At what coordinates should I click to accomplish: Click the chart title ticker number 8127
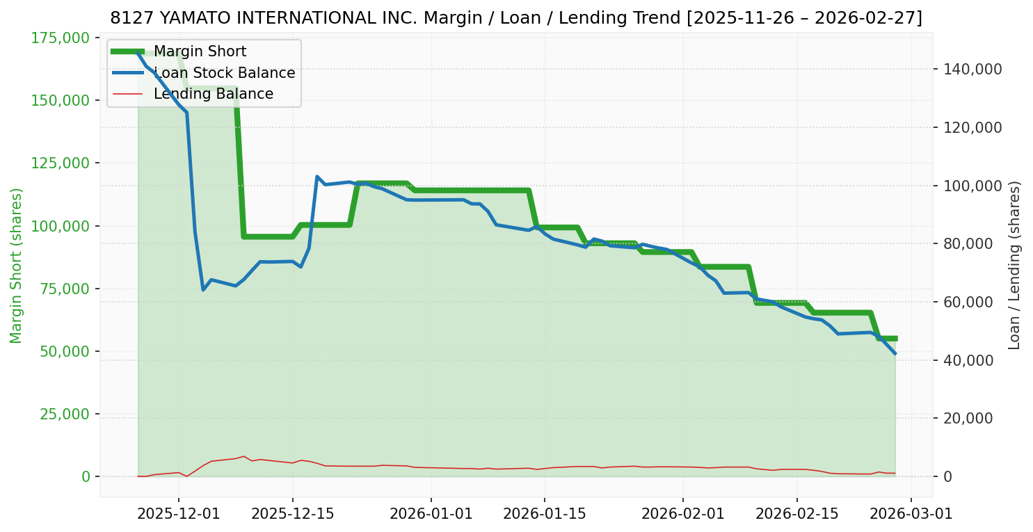[x=125, y=18]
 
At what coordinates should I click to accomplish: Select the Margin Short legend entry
[x=200, y=51]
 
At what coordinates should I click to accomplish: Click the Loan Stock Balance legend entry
[x=224, y=73]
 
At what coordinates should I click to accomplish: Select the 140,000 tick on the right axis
[x=972, y=69]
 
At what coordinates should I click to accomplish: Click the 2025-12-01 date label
[x=179, y=514]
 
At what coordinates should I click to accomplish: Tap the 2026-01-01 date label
[x=431, y=514]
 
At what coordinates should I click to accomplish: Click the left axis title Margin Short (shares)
[x=17, y=266]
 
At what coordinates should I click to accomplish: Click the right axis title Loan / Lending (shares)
[x=1014, y=266]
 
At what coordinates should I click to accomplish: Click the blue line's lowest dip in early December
[x=203, y=289]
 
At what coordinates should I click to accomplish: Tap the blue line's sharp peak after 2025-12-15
[x=317, y=177]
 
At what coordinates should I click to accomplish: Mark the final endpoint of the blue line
[x=895, y=354]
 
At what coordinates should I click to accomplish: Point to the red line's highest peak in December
[x=243, y=456]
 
